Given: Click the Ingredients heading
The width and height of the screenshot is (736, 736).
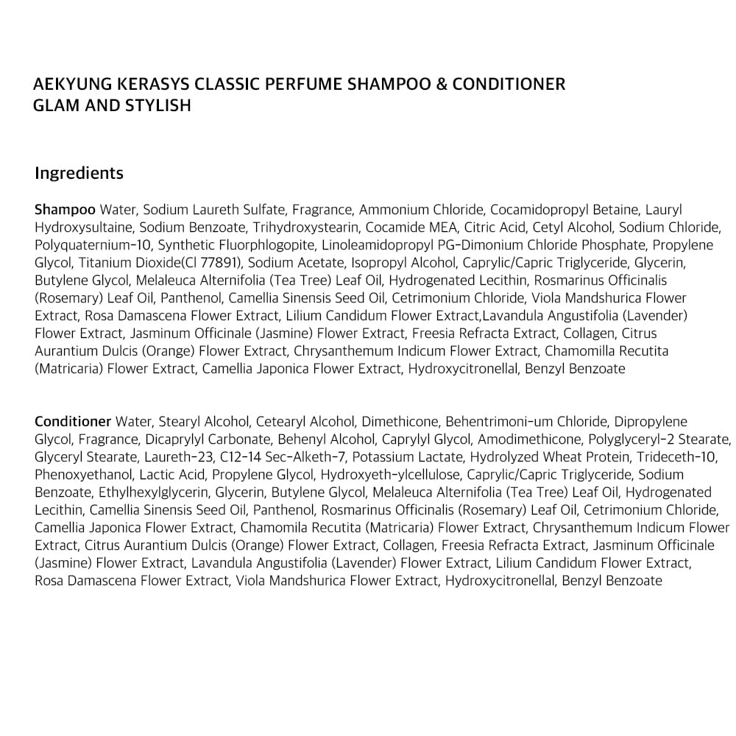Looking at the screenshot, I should [79, 174].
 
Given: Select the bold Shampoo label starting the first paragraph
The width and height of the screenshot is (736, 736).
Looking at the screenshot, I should [65, 210].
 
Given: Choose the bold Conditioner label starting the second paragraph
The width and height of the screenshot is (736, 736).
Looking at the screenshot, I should [73, 422].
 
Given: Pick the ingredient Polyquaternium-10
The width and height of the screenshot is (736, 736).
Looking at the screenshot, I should [92, 245].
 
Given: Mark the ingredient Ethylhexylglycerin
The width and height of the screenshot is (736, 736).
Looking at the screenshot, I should [136, 492].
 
